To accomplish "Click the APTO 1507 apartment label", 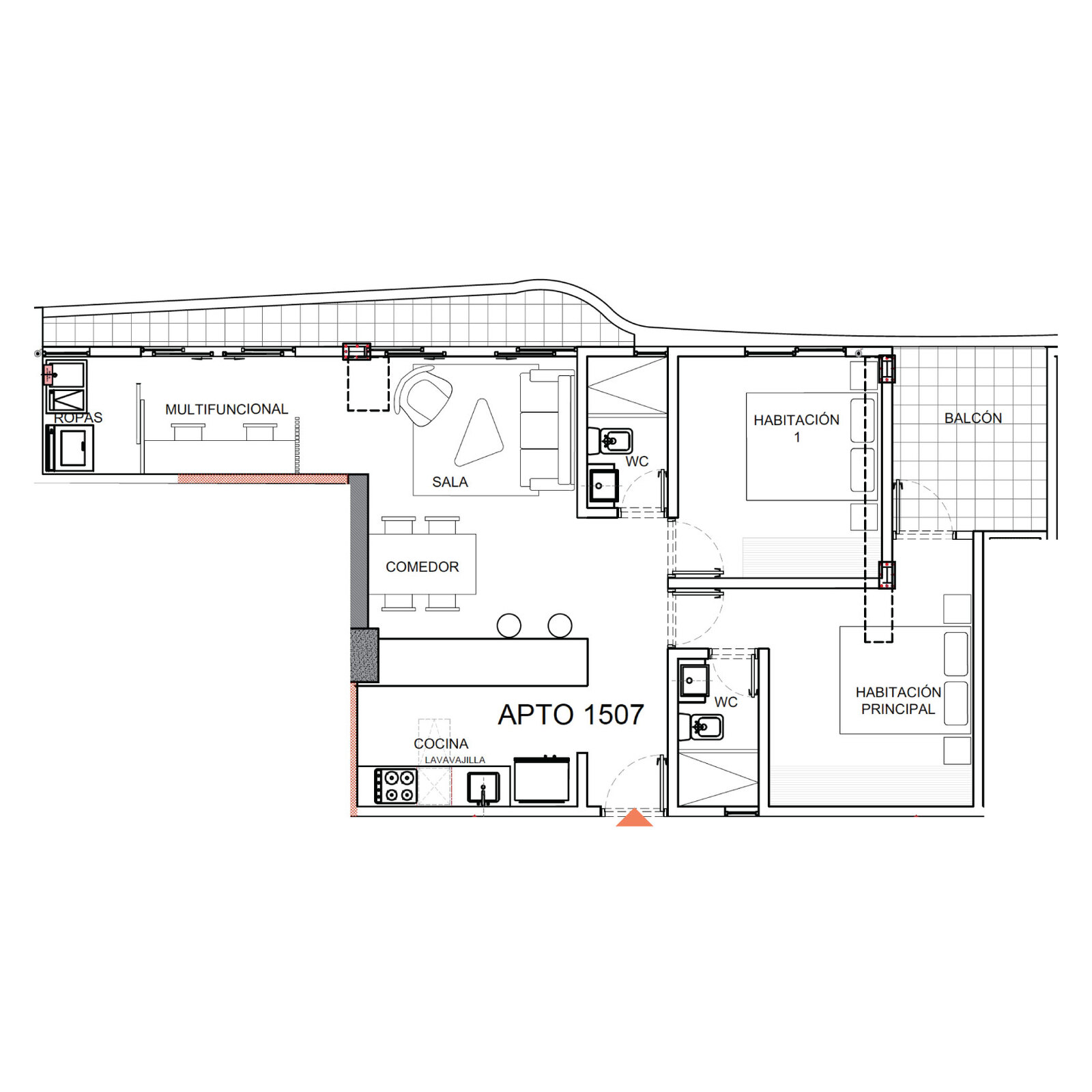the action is [571, 715].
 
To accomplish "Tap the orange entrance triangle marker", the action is [634, 818].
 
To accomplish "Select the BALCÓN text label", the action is [973, 418].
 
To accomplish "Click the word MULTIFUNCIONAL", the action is [227, 409].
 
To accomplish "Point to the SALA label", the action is [450, 482].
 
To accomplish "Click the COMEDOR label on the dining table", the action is [422, 566].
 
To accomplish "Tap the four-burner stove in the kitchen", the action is [395, 786].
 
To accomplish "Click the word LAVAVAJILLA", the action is [455, 760].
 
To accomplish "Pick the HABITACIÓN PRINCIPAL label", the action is [898, 700].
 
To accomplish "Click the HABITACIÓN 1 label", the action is [796, 428].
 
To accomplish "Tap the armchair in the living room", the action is [423, 397].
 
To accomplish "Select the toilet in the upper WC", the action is [611, 441].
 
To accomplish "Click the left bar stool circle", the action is [508, 625].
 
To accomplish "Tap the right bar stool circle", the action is [560, 625].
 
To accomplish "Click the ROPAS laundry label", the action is [78, 418].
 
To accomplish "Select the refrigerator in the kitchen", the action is [542, 779].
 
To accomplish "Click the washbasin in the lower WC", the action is [693, 680].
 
